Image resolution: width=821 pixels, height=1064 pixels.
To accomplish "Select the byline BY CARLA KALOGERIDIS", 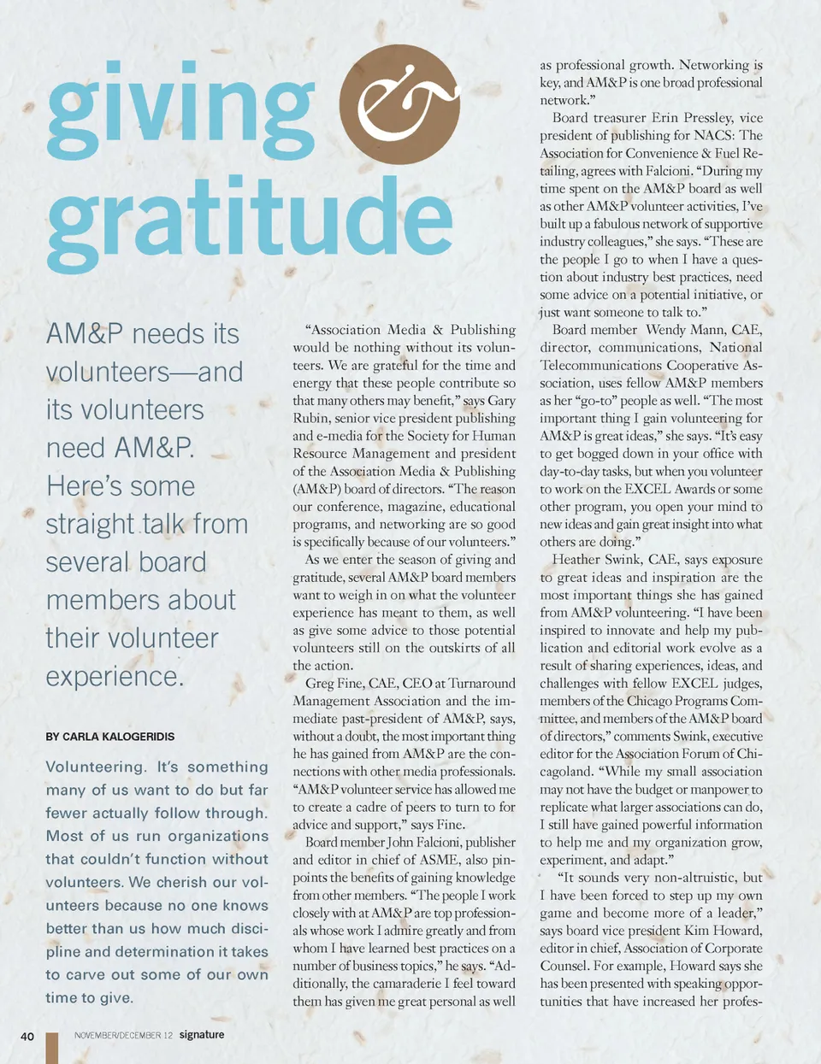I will pos(109,736).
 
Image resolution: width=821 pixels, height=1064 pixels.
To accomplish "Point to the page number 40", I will pos(27,1036).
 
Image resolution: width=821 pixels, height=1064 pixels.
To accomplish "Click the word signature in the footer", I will pos(202,1034).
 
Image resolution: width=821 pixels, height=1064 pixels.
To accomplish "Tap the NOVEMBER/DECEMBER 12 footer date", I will pos(123,1035).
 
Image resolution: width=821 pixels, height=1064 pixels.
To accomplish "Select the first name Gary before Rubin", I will pos(501,401).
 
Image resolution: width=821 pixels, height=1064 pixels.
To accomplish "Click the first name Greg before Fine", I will pos(320,683).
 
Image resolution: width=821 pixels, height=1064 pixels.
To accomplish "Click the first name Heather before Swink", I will pos(578,560).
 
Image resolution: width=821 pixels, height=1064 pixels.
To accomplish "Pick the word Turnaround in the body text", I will pos(481,683).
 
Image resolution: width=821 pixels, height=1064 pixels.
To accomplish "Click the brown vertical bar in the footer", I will pos(52,1048).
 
